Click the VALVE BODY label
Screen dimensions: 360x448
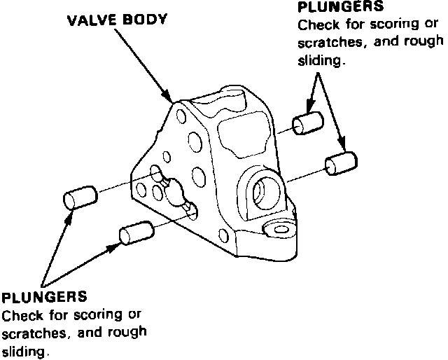click(x=117, y=20)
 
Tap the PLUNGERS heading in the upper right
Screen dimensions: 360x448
click(x=341, y=8)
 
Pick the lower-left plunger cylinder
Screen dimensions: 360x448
click(x=136, y=233)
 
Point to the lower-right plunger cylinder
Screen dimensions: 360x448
click(x=342, y=164)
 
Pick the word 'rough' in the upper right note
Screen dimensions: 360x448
click(x=426, y=43)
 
